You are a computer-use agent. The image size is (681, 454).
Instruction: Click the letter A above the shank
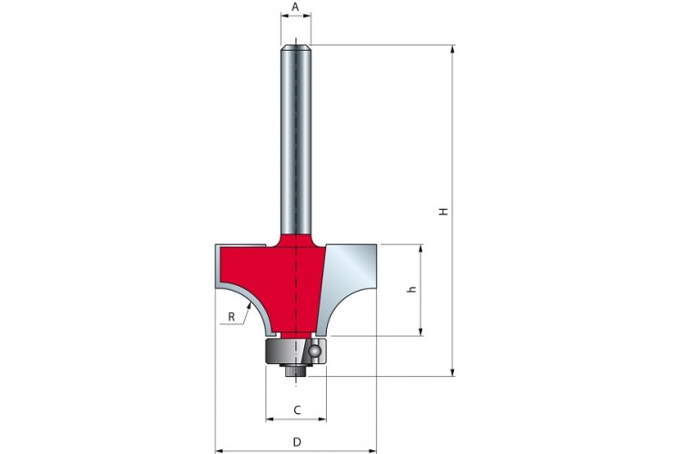pos(295,7)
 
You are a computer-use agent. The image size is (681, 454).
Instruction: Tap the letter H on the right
pos(442,212)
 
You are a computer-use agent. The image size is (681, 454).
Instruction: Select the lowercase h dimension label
pos(412,290)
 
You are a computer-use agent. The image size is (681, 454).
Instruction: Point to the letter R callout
pos(232,317)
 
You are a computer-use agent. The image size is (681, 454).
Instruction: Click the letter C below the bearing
pos(298,410)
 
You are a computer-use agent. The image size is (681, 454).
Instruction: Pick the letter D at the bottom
pos(297,442)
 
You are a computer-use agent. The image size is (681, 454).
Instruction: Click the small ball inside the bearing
pos(313,351)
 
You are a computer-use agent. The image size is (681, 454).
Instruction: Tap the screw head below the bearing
pos(296,371)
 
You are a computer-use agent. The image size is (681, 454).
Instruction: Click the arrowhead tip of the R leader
pos(251,303)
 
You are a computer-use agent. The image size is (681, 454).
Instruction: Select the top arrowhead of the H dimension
pos(453,45)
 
